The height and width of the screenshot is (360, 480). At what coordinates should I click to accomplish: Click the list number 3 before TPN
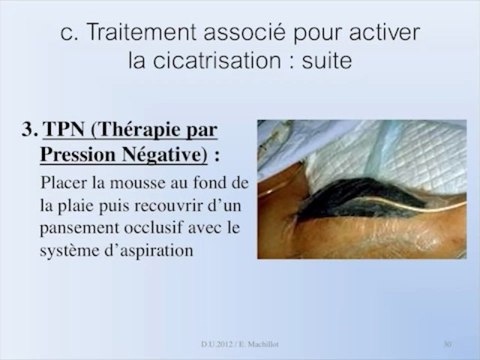tap(29, 131)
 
